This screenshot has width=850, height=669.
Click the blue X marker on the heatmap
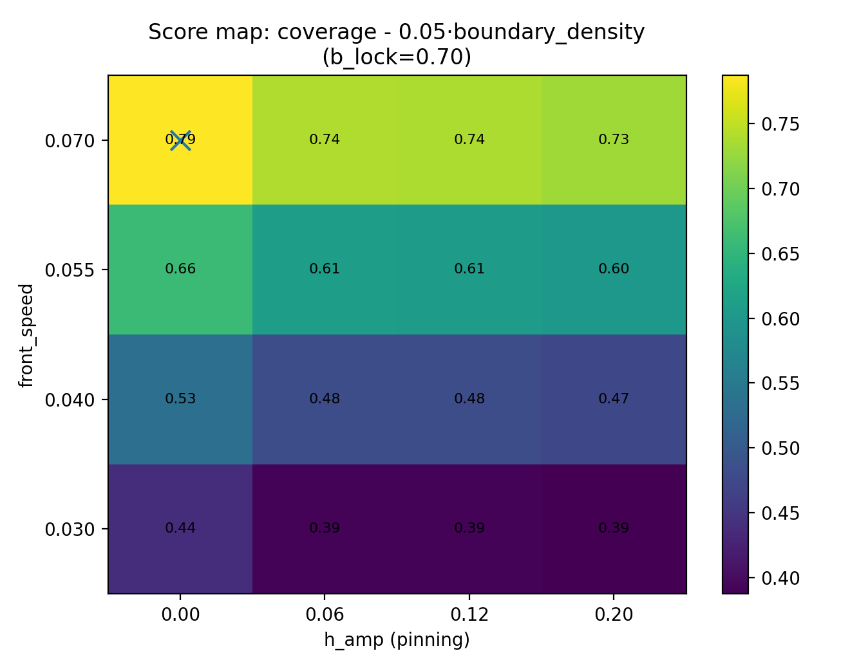(x=180, y=140)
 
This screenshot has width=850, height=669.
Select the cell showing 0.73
(x=614, y=140)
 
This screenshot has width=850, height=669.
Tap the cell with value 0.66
(x=180, y=269)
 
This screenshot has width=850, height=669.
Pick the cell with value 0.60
(x=614, y=269)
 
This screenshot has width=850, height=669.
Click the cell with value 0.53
(x=180, y=399)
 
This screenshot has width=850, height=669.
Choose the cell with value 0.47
(x=614, y=399)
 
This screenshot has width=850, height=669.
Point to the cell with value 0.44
(x=180, y=528)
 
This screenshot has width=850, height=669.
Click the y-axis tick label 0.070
(x=70, y=140)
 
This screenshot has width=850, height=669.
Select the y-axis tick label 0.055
(x=70, y=270)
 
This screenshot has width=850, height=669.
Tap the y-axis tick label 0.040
(x=70, y=400)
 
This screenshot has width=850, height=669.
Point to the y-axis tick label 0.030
(x=70, y=529)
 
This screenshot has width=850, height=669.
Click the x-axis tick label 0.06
(x=325, y=615)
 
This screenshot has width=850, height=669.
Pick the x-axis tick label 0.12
(x=469, y=615)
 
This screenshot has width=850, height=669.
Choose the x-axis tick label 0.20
(x=614, y=615)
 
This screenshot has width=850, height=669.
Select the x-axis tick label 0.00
(x=180, y=615)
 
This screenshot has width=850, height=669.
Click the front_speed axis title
(x=26, y=334)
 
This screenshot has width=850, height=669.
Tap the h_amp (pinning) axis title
(x=397, y=640)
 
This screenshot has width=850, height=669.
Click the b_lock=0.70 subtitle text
(x=397, y=57)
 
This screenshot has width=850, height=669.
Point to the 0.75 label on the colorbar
(x=780, y=124)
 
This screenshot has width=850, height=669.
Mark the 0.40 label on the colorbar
(x=780, y=578)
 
